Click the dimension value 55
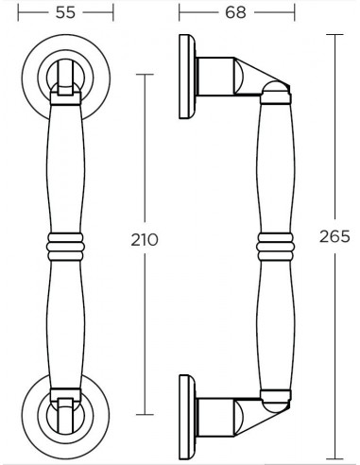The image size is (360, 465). (x=65, y=12)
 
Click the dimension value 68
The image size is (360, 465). (x=235, y=12)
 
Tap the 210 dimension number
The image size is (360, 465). (x=145, y=240)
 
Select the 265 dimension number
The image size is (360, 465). (x=334, y=236)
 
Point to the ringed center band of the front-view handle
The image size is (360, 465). (x=65, y=247)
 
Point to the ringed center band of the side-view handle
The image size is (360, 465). (x=275, y=247)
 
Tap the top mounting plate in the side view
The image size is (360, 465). (x=187, y=77)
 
